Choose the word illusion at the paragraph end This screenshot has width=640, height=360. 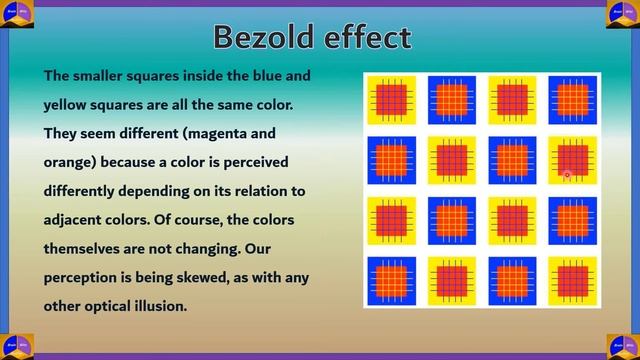click(x=154, y=306)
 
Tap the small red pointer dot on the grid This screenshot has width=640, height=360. click(x=567, y=175)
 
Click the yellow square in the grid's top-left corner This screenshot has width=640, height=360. click(x=391, y=100)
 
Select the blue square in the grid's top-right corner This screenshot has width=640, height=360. click(x=571, y=100)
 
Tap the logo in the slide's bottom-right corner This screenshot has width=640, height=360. click(x=623, y=345)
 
